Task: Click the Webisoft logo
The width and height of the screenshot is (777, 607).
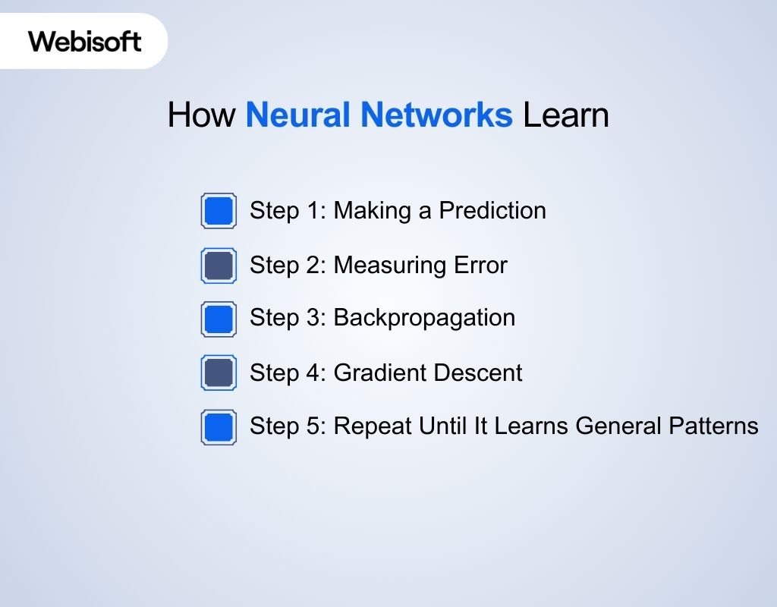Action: [x=84, y=41]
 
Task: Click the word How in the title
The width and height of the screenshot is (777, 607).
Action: [x=201, y=115]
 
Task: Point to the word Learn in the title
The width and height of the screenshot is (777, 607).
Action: [x=566, y=115]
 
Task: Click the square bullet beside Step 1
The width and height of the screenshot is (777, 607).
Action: [x=219, y=211]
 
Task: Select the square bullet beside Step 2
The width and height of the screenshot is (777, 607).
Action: [x=219, y=266]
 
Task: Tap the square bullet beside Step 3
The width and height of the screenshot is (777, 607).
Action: [x=219, y=319]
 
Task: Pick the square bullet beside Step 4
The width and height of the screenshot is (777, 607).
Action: [x=219, y=373]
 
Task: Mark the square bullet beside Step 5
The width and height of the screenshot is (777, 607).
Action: [x=219, y=427]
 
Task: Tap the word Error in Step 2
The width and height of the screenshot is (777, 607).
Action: [x=480, y=265]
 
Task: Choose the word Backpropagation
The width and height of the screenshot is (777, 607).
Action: [x=424, y=318]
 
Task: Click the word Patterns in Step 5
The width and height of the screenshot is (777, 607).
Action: [x=713, y=426]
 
